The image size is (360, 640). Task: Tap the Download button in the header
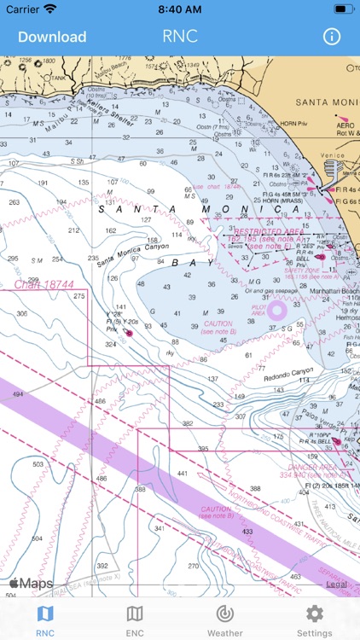pyautogui.click(x=52, y=37)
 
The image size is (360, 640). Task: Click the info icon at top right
pyautogui.click(x=331, y=37)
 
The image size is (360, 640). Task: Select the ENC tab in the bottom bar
pyautogui.click(x=135, y=620)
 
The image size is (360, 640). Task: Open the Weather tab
pyautogui.click(x=224, y=620)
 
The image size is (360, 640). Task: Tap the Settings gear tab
pyautogui.click(x=314, y=620)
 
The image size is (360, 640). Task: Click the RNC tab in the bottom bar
pyautogui.click(x=45, y=620)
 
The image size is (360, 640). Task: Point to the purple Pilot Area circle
pyautogui.click(x=276, y=311)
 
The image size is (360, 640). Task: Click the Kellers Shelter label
pyautogui.click(x=111, y=113)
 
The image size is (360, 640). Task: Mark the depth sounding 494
pyautogui.click(x=16, y=395)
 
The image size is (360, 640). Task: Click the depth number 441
pyautogui.click(x=182, y=473)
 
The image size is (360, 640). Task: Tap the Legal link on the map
pyautogui.click(x=336, y=584)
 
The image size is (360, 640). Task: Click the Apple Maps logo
pyautogui.click(x=31, y=584)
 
